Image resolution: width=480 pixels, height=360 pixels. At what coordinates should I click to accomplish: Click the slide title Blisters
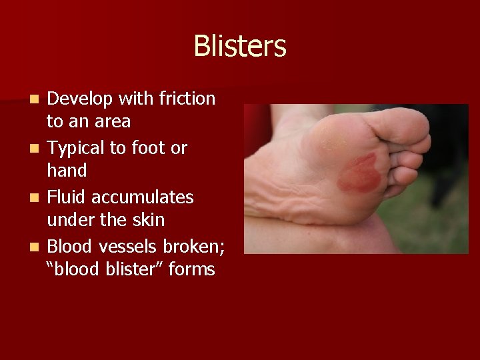tap(239, 47)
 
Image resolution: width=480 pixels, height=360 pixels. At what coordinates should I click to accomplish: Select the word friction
tap(187, 99)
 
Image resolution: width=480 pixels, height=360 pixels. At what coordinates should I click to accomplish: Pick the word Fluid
tap(66, 197)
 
